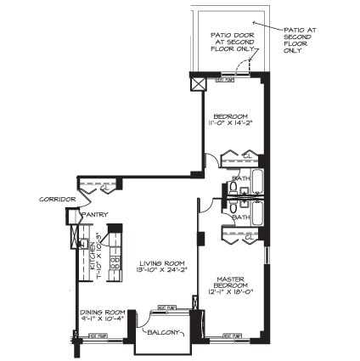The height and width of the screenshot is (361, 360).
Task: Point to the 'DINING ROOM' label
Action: [x=103, y=315]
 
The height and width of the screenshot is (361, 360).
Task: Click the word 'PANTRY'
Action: [x=94, y=215]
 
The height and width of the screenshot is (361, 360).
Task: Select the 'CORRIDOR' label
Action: [x=59, y=200]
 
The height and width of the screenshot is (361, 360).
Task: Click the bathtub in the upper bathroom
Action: [x=256, y=180]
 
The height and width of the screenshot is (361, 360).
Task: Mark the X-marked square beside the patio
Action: [x=198, y=84]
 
